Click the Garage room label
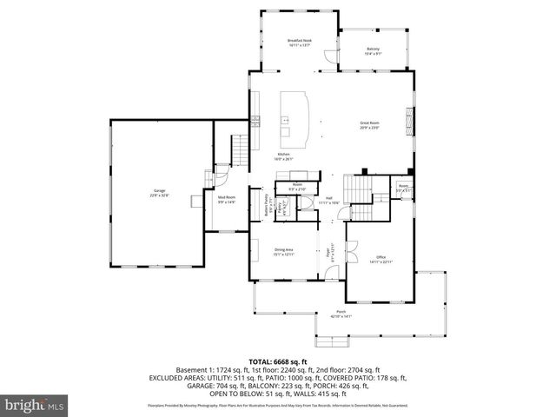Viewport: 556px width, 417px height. [x=159, y=193]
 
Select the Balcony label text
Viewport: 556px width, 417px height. [x=373, y=50]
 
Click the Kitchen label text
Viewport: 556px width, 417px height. [x=284, y=156]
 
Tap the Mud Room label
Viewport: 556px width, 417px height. [x=227, y=200]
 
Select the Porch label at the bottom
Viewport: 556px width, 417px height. [x=341, y=314]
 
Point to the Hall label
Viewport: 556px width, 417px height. [x=330, y=199]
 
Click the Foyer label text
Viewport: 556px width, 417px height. [x=330, y=255]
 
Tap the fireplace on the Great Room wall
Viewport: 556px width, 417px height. [x=413, y=115]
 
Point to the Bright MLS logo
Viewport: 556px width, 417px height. [x=35, y=405]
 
